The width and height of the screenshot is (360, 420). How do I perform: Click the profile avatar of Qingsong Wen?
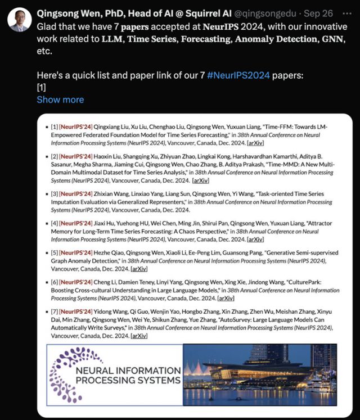[19, 19]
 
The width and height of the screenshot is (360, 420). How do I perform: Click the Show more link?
[60, 100]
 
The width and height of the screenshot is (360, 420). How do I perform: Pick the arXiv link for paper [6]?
[226, 298]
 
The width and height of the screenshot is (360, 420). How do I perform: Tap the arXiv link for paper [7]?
[139, 335]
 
